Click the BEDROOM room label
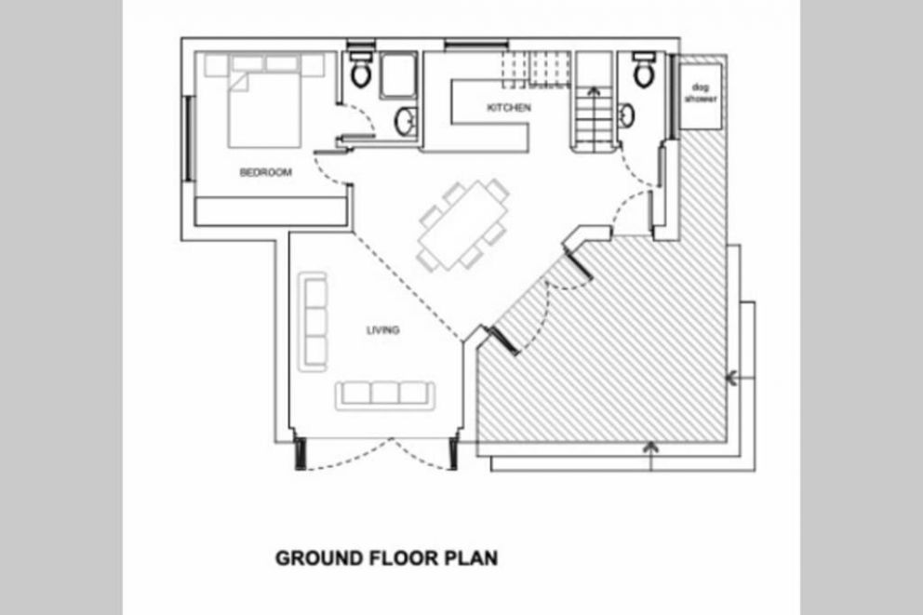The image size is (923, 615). [265, 172]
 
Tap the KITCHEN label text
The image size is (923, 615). [509, 108]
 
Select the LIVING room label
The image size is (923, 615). [383, 330]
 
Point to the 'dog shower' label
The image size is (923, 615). [701, 93]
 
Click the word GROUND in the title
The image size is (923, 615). [318, 558]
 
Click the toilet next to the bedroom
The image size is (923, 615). [360, 70]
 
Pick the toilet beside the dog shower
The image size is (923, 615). [644, 70]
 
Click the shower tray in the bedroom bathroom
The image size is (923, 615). [398, 76]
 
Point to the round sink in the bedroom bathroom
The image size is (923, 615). [405, 121]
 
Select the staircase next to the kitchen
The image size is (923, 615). [594, 100]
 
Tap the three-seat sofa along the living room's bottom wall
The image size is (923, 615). [385, 394]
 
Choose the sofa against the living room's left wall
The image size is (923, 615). [314, 321]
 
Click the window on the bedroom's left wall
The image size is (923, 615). [190, 139]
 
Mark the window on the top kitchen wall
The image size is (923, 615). [476, 44]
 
